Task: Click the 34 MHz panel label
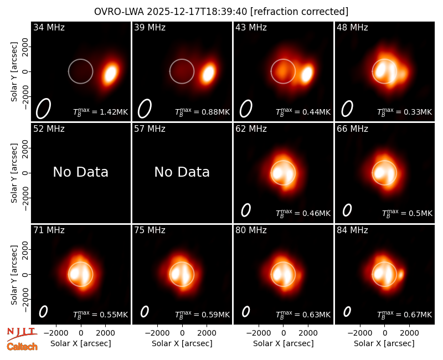tap(49, 27)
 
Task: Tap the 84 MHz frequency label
tap(352, 230)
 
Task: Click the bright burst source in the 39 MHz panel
tap(209, 73)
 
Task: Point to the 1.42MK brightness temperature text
tap(101, 111)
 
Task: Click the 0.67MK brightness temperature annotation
tap(405, 314)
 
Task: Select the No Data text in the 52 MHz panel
tap(81, 172)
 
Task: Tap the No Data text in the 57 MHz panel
tap(182, 172)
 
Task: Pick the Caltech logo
tap(22, 347)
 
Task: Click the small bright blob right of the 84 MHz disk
tap(401, 274)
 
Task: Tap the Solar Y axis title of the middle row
tap(14, 173)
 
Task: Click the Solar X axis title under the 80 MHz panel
tap(283, 343)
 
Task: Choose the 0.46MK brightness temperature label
tap(303, 213)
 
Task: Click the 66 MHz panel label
tap(352, 129)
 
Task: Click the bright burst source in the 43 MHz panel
tap(307, 74)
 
